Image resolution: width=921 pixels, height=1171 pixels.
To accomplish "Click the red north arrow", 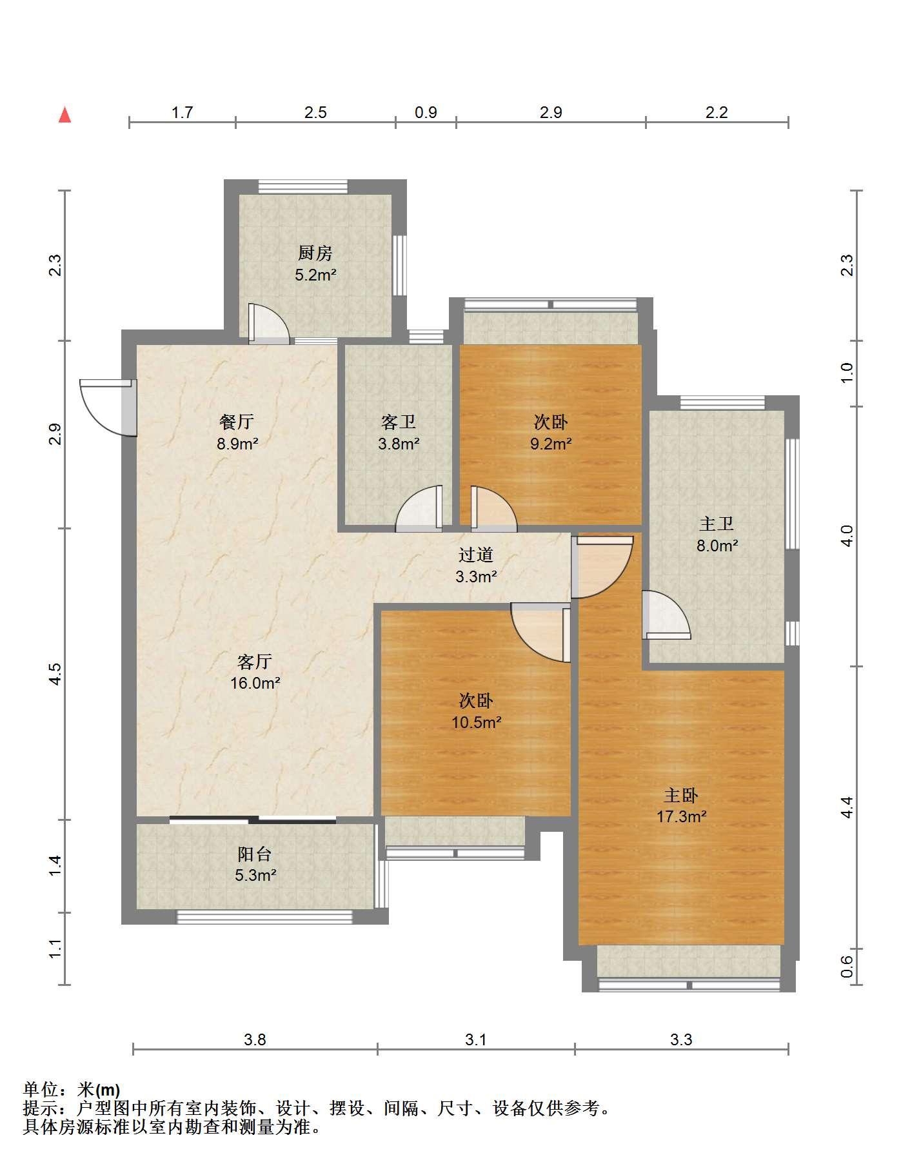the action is coord(64,115).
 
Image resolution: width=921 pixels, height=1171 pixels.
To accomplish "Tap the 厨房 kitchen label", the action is coord(315,253).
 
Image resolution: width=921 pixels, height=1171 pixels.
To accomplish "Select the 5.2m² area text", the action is coord(316,275).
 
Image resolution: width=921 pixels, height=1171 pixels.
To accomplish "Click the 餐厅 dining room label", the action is coord(237,422).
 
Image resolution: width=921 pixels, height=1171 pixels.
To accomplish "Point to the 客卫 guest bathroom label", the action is coord(399,422).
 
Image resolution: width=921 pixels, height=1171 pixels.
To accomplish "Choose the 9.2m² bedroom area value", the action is coord(551,444).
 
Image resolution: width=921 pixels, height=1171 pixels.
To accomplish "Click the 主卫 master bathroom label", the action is coord(717,524).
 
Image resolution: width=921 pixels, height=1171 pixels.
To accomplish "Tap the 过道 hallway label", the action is coord(476,555).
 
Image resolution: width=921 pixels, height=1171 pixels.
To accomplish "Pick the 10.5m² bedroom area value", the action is coord(477,722).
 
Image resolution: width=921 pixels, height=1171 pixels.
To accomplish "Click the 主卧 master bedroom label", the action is coord(682,795).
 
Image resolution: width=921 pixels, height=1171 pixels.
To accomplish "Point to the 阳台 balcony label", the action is coord(255,854).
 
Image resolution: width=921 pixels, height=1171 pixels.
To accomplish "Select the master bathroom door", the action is coord(666,615).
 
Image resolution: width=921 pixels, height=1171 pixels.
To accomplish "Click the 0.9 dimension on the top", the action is coord(426,113).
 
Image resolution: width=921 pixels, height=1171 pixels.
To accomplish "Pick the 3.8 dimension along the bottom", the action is coord(255,1039).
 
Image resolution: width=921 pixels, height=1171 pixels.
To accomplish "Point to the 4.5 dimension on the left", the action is coord(55,674).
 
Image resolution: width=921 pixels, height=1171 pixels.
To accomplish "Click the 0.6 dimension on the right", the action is coord(847,966).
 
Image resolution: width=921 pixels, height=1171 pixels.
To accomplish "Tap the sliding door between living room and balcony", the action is coord(253,820).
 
